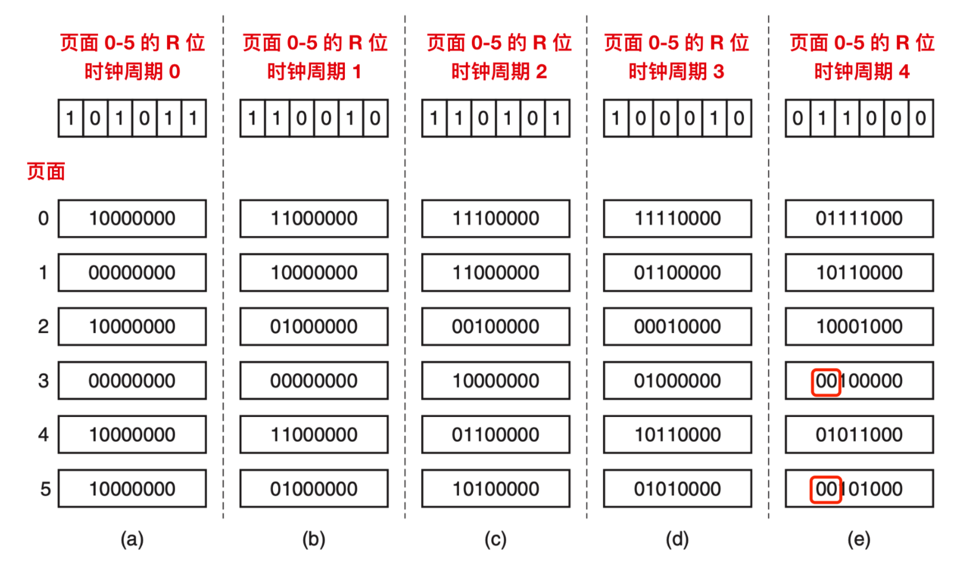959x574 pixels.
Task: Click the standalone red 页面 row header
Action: (x=45, y=171)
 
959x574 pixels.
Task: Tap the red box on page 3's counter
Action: (x=826, y=381)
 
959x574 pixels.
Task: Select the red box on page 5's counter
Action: (x=826, y=489)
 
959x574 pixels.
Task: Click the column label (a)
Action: (x=132, y=539)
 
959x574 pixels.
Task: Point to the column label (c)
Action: (x=495, y=539)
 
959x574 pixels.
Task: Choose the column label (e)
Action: (x=859, y=539)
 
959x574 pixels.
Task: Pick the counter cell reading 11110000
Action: (x=677, y=218)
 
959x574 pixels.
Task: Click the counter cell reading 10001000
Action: (x=859, y=327)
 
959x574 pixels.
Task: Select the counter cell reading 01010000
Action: (x=677, y=489)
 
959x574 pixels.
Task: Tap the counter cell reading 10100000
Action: (x=495, y=489)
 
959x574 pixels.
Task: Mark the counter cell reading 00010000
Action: (x=677, y=327)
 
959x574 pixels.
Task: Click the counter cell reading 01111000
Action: (x=859, y=218)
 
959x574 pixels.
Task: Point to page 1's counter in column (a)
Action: (x=132, y=273)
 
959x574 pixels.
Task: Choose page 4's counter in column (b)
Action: (x=314, y=435)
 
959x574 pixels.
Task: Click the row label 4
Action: (x=43, y=435)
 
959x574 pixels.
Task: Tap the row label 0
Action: (x=43, y=218)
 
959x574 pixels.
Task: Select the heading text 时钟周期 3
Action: (x=676, y=71)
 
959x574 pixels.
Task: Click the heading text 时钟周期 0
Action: (x=132, y=71)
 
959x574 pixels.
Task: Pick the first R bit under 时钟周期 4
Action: (x=797, y=118)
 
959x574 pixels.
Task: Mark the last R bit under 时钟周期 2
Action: (x=557, y=118)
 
